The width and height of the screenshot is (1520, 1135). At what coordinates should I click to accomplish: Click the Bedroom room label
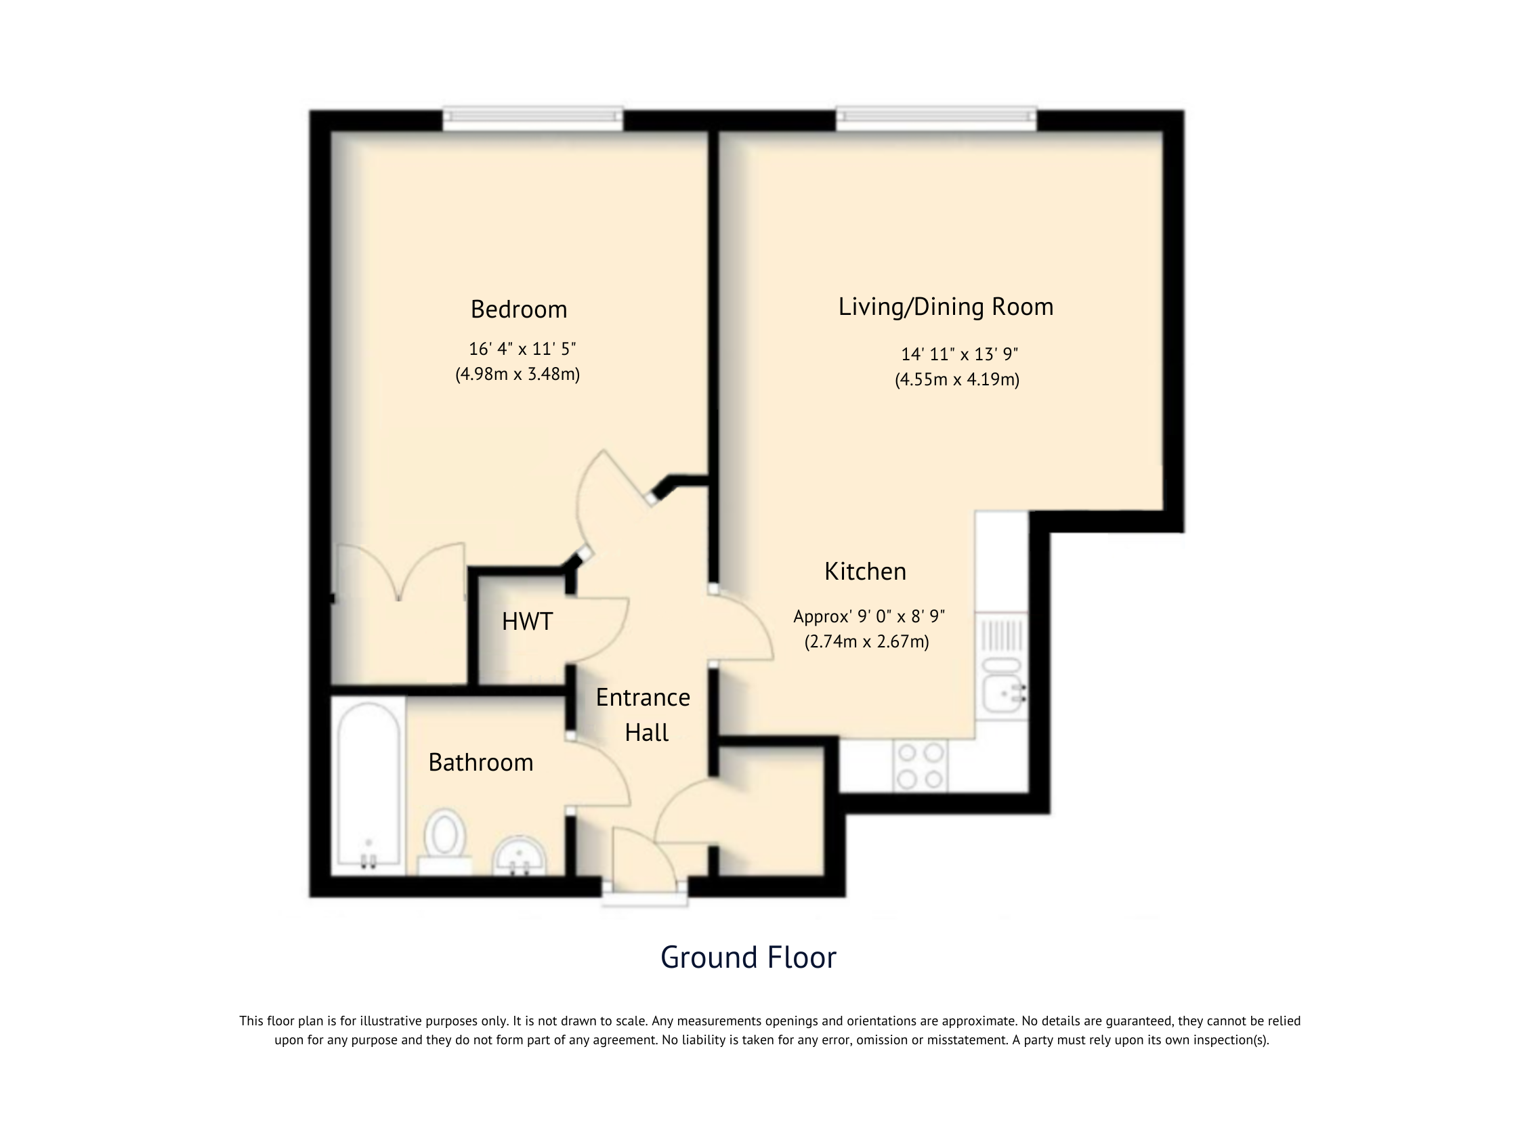pos(519,310)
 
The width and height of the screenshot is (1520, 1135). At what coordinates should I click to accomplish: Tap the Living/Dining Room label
pos(946,307)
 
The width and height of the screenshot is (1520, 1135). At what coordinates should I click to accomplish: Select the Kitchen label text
pos(865,572)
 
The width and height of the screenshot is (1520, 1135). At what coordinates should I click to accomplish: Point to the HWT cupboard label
pos(527,622)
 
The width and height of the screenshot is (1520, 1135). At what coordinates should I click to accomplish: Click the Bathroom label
pos(480,763)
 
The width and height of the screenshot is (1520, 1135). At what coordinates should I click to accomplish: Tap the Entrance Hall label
pos(643,715)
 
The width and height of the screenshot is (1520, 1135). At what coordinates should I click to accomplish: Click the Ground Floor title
pos(748,958)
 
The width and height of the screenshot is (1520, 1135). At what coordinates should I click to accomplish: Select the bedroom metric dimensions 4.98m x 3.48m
pos(518,374)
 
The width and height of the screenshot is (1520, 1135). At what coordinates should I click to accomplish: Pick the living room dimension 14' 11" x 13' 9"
pos(959,354)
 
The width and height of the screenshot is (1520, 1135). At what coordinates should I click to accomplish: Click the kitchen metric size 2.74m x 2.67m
pos(866,642)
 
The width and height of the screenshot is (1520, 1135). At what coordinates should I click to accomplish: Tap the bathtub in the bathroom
pos(368,786)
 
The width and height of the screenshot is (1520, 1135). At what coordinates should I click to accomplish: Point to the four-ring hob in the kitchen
pos(920,766)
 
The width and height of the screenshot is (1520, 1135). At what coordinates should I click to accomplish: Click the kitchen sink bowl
pos(1002,694)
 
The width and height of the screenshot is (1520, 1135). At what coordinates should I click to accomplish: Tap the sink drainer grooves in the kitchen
pos(1002,635)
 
